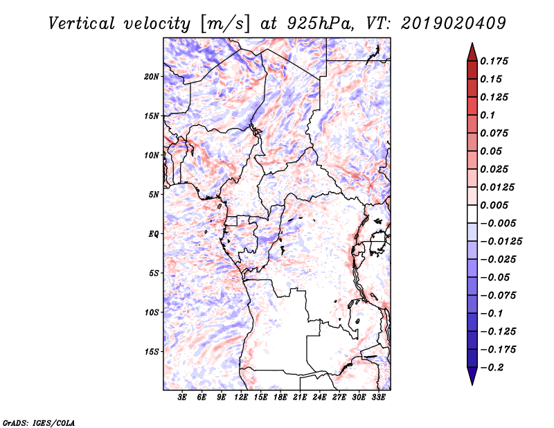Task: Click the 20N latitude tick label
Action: pos(152,77)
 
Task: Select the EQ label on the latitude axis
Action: pos(154,234)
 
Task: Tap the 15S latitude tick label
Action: pos(152,352)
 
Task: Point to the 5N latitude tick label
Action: pos(154,195)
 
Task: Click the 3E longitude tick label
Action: pos(182,397)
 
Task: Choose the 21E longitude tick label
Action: pos(300,397)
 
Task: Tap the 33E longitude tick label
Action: pos(378,397)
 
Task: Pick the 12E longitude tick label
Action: pos(241,397)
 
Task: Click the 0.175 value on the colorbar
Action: pos(494,61)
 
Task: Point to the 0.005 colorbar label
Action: pos(494,205)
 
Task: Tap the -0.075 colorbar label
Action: pos(498,296)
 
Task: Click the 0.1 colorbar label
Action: pos(488,115)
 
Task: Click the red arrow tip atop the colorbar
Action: pos(472,43)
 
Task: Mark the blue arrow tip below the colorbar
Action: pos(472,384)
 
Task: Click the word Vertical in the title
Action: pos(82,24)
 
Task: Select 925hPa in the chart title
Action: pos(320,24)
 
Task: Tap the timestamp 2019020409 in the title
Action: pos(454,24)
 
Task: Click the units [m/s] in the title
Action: pos(225,24)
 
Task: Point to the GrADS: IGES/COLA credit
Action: pos(39,423)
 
